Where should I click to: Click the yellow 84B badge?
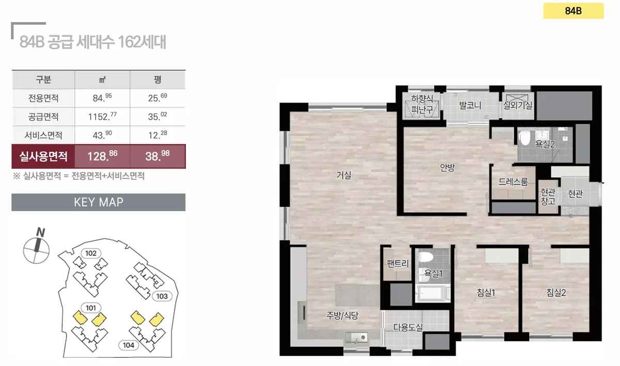click(x=573, y=11)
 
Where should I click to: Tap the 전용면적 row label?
click(x=43, y=98)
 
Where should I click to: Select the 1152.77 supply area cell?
click(x=102, y=117)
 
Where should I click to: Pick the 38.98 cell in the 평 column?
click(x=158, y=156)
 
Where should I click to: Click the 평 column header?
click(x=158, y=79)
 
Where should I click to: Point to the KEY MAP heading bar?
click(x=99, y=202)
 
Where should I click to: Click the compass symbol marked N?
click(x=36, y=246)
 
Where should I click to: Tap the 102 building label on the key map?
click(x=91, y=253)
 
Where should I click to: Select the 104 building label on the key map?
click(x=129, y=345)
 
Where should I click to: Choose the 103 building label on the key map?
click(x=162, y=296)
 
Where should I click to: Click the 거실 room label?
click(x=344, y=175)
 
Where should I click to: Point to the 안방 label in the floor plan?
click(x=447, y=167)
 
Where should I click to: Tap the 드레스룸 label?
click(x=513, y=182)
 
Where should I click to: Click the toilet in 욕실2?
click(x=524, y=137)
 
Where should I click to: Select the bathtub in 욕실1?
click(x=432, y=292)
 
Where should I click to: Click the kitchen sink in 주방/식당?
click(x=356, y=338)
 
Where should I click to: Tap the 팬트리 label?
click(x=397, y=263)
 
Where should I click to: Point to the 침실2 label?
click(x=556, y=292)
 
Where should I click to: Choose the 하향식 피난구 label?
click(x=422, y=104)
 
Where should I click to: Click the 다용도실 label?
click(x=408, y=327)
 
